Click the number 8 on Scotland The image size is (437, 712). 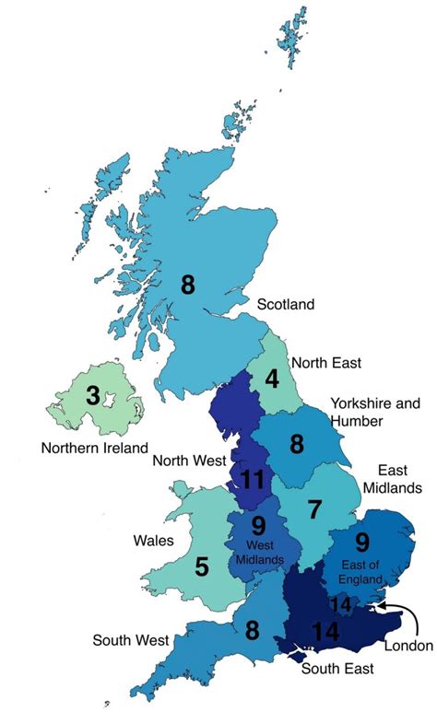pyautogui.click(x=188, y=285)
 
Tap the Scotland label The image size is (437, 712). pyautogui.click(x=286, y=304)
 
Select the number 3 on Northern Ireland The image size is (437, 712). pyautogui.click(x=92, y=397)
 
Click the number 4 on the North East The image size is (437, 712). pyautogui.click(x=273, y=379)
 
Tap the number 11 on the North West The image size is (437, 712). pyautogui.click(x=253, y=479)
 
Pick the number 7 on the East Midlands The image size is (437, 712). pyautogui.click(x=314, y=508)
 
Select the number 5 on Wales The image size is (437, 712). pyautogui.click(x=201, y=566)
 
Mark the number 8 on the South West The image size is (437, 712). pyautogui.click(x=250, y=631)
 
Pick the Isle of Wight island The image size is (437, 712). pyautogui.click(x=297, y=656)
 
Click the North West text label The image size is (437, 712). pyautogui.click(x=191, y=460)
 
